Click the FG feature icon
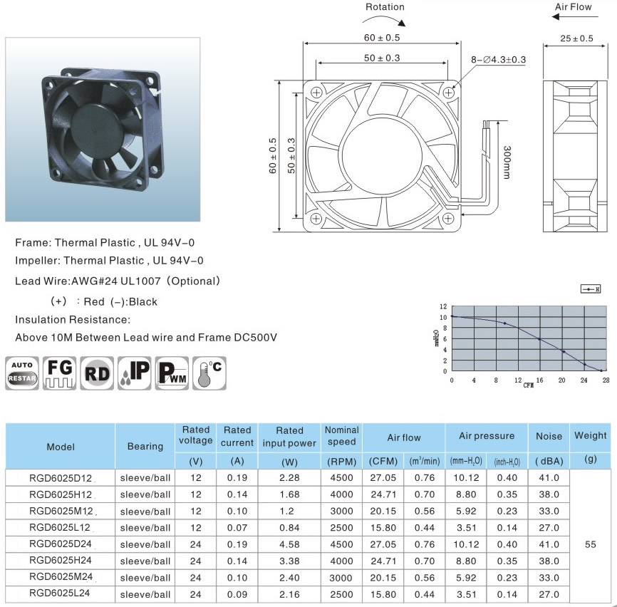[59, 373]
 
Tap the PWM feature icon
[172, 373]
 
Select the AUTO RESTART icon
[22, 373]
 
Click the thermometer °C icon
[209, 373]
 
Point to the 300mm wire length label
[507, 162]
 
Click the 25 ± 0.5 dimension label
[576, 38]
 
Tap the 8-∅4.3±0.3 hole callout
[498, 59]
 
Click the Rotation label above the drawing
[385, 6]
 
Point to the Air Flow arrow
[574, 17]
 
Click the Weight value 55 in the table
[590, 544]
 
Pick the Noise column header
[549, 436]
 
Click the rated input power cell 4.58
[289, 544]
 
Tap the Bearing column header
[145, 446]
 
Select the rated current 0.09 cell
[237, 594]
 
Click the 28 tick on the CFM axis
[606, 380]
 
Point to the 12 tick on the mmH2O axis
[443, 306]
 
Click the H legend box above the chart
[591, 289]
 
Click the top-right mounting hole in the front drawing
[448, 93]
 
